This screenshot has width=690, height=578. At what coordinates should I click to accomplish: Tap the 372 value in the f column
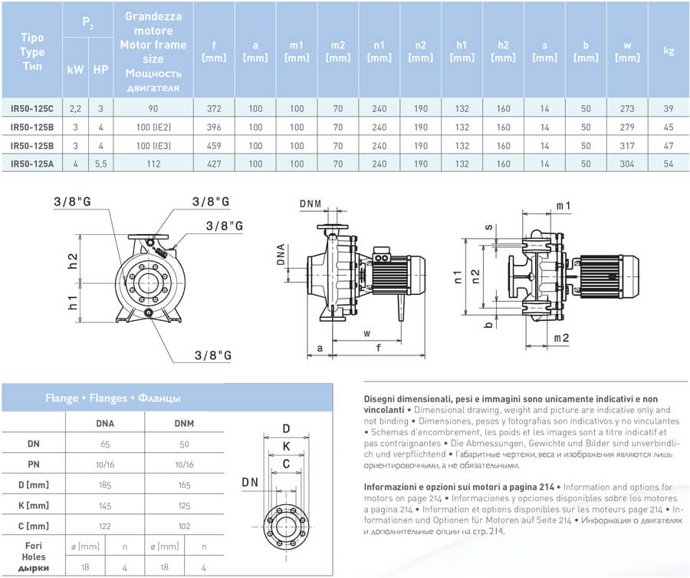(213, 109)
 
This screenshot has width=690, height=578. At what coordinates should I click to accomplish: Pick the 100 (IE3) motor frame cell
(153, 144)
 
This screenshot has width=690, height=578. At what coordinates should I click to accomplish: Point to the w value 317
(627, 144)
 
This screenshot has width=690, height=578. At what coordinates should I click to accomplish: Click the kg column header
(668, 51)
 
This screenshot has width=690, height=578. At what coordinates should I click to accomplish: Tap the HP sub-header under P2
(100, 69)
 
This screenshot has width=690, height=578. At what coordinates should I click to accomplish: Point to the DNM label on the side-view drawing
(310, 203)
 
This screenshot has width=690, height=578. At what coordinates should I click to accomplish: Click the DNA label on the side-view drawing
(281, 255)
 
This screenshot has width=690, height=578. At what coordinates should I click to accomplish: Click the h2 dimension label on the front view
(74, 261)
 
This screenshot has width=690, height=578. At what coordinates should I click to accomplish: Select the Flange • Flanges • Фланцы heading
(113, 398)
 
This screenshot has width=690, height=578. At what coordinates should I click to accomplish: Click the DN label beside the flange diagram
(250, 481)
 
